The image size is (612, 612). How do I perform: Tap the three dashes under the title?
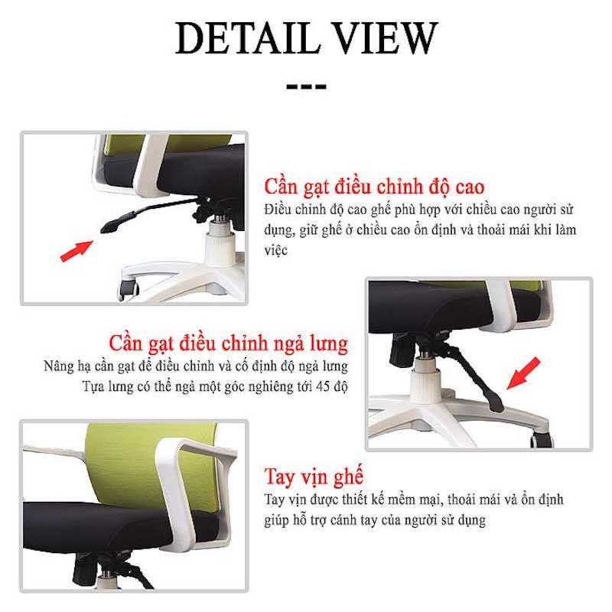point(307,86)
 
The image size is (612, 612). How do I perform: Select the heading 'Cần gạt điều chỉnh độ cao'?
point(374,187)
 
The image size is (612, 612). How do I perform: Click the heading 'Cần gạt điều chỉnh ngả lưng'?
point(228,343)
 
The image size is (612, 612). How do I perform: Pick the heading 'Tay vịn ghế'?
point(314,476)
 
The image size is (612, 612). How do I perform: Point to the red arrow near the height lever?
point(76,251)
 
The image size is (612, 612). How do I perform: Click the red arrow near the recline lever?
point(523,373)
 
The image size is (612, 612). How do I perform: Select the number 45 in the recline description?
point(323,386)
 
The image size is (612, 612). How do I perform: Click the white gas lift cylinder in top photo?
point(220,242)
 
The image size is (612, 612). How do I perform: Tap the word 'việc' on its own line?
point(275,250)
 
